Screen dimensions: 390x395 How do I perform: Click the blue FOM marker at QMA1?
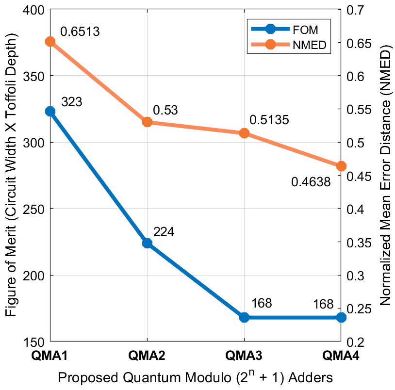coord(50,111)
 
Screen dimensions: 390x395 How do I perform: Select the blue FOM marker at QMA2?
coord(147,243)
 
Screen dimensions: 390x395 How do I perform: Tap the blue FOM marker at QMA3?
coord(244,317)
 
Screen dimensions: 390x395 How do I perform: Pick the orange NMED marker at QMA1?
coord(50,42)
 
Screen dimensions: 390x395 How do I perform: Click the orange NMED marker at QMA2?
coord(147,122)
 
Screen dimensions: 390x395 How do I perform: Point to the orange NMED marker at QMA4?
coord(341,166)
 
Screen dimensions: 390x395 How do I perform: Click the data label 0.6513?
coord(80,32)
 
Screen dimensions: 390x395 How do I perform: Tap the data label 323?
coord(71,102)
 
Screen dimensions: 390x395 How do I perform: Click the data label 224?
coord(164,232)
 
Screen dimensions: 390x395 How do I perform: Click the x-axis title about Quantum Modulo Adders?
coord(195,378)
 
